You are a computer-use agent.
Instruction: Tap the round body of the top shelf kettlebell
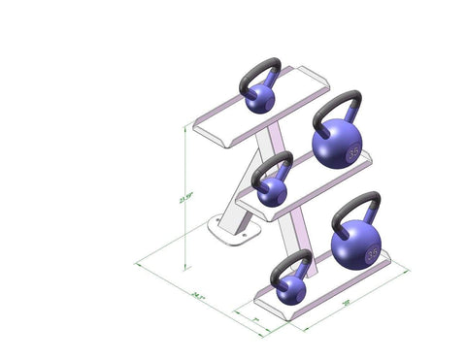click(x=259, y=98)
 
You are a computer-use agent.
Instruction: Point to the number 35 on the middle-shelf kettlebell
click(x=352, y=152)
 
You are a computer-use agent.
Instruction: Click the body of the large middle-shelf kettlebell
click(x=336, y=146)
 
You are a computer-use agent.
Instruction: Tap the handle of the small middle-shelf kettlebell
click(x=273, y=162)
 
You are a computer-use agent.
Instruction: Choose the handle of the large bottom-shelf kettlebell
click(x=356, y=207)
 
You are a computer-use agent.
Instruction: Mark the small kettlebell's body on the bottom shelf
click(x=289, y=288)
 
